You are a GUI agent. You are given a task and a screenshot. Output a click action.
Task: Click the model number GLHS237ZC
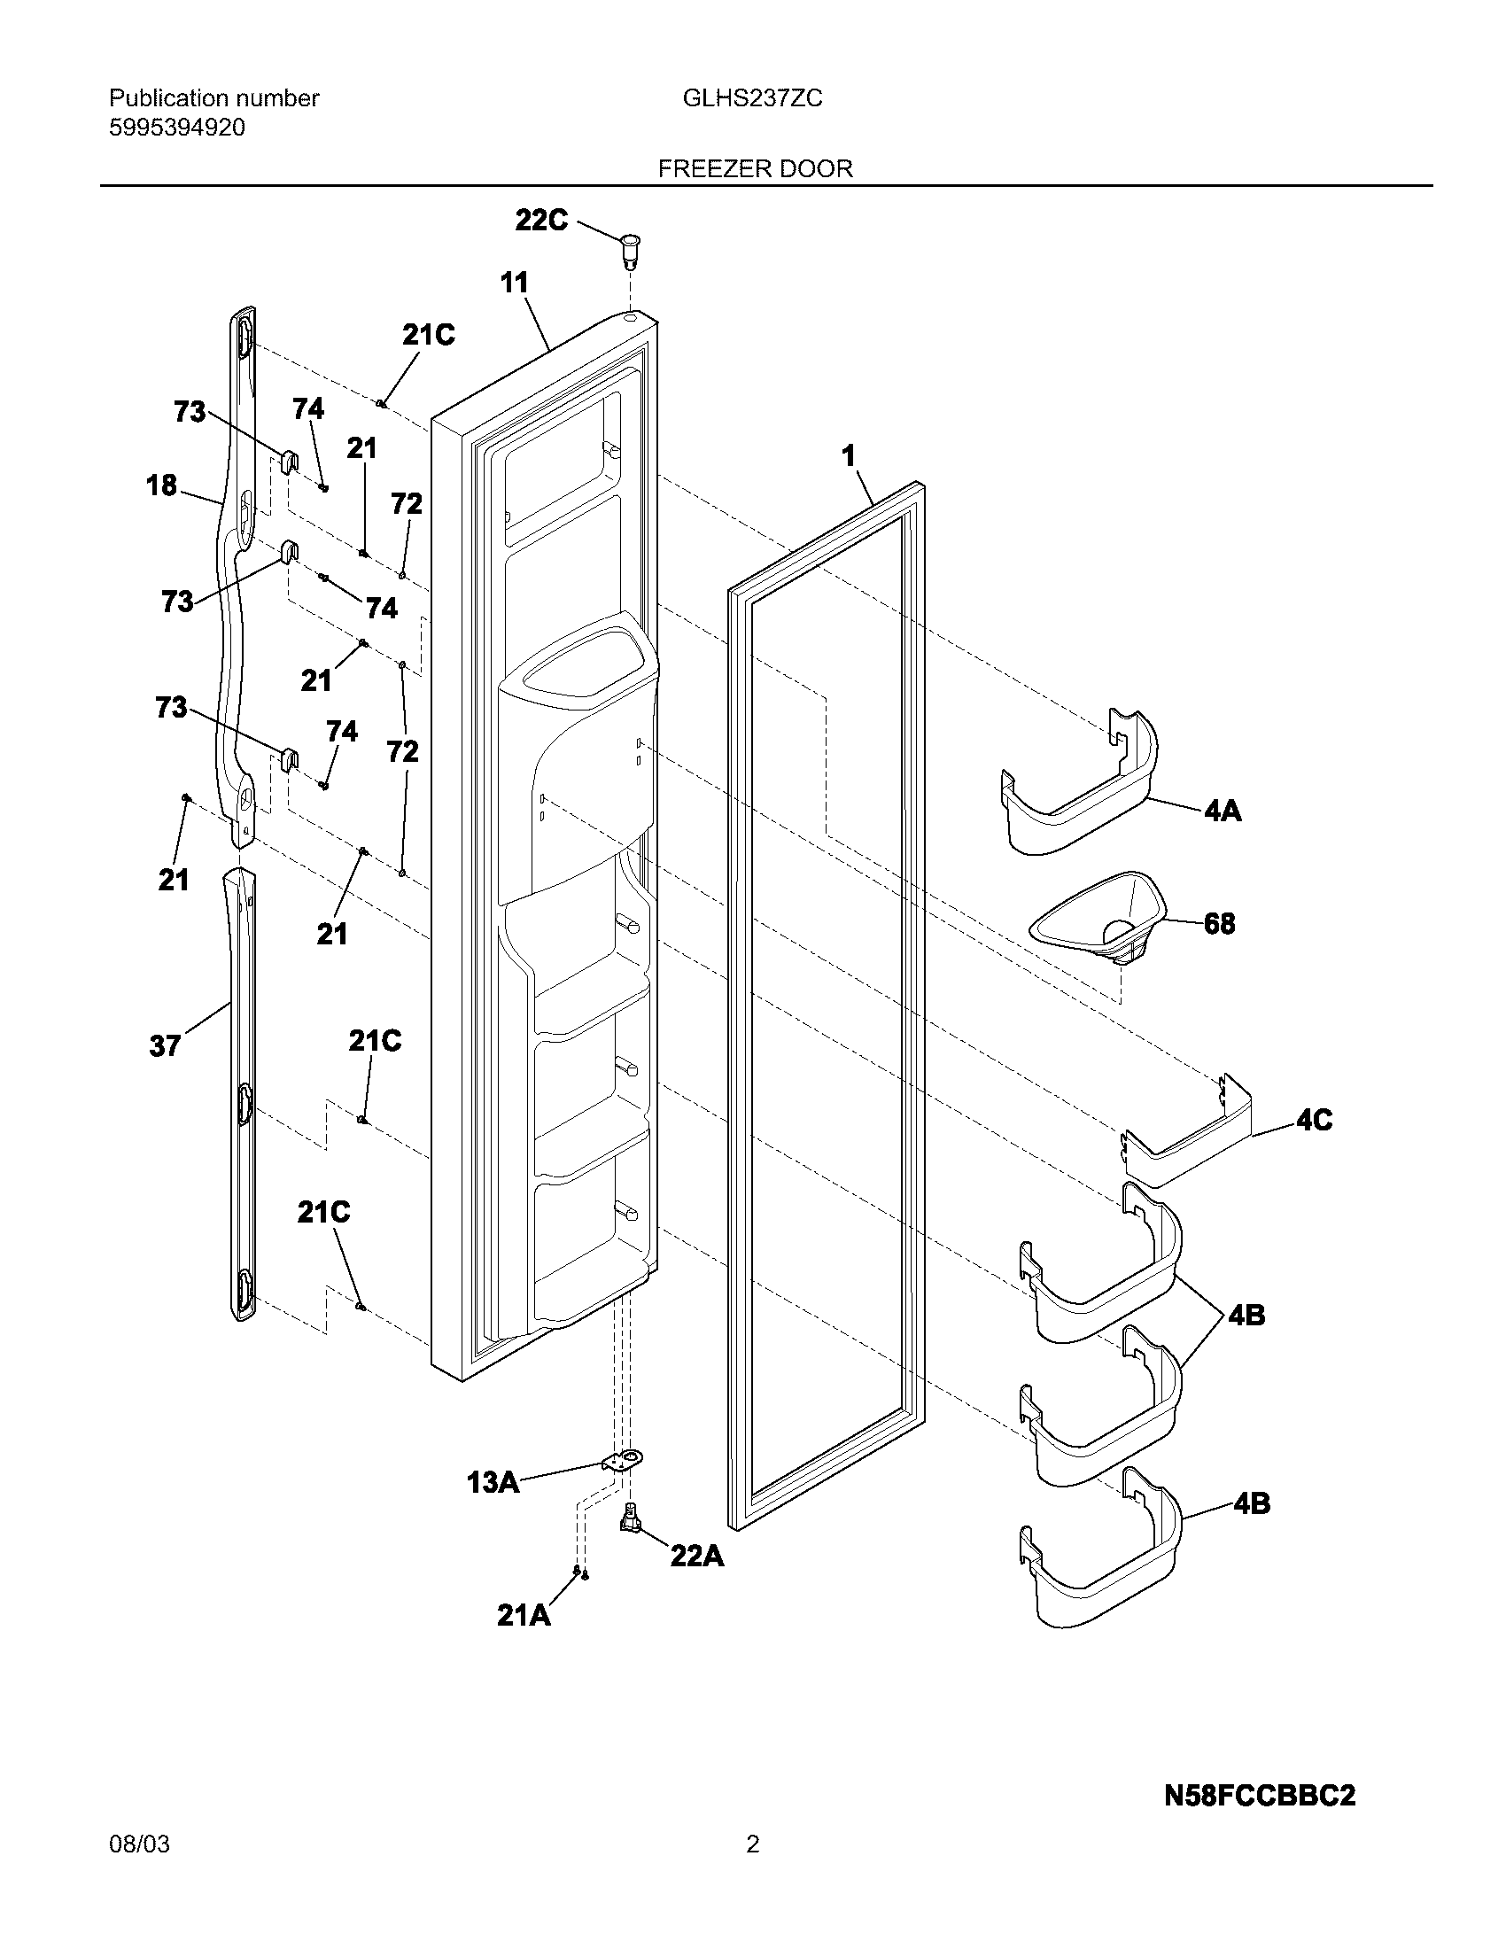coord(752,98)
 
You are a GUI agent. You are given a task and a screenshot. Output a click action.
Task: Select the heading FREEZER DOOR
coord(755,168)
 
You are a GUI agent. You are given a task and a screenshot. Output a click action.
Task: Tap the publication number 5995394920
coord(176,128)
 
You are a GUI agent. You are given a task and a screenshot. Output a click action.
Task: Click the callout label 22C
coord(540,220)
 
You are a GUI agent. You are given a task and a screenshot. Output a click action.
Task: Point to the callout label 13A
coord(493,1482)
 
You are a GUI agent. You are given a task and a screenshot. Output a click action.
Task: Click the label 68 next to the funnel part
coord(1220,923)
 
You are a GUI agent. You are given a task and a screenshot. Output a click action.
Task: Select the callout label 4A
coord(1223,811)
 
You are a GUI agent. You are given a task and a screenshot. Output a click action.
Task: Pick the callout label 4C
coord(1314,1120)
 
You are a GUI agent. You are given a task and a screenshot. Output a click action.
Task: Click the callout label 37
coord(165,1045)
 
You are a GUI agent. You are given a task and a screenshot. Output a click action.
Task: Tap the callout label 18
coord(161,486)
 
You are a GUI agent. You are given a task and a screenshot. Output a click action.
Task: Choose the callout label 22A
coord(697,1556)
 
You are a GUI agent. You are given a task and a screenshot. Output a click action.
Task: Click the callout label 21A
coord(524,1615)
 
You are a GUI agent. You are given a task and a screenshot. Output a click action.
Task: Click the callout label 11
coord(514,283)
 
